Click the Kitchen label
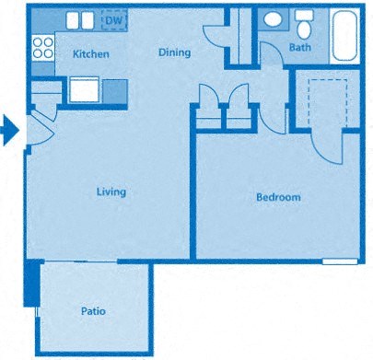[x=90, y=54]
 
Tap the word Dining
[x=174, y=52]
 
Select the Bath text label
[x=300, y=47]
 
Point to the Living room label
[x=111, y=192]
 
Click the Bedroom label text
[x=277, y=197]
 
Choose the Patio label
[x=92, y=311]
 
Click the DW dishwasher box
[x=113, y=19]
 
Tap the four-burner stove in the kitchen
[x=41, y=48]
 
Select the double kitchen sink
[x=80, y=20]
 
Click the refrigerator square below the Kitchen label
[x=84, y=90]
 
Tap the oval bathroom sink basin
[x=274, y=19]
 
